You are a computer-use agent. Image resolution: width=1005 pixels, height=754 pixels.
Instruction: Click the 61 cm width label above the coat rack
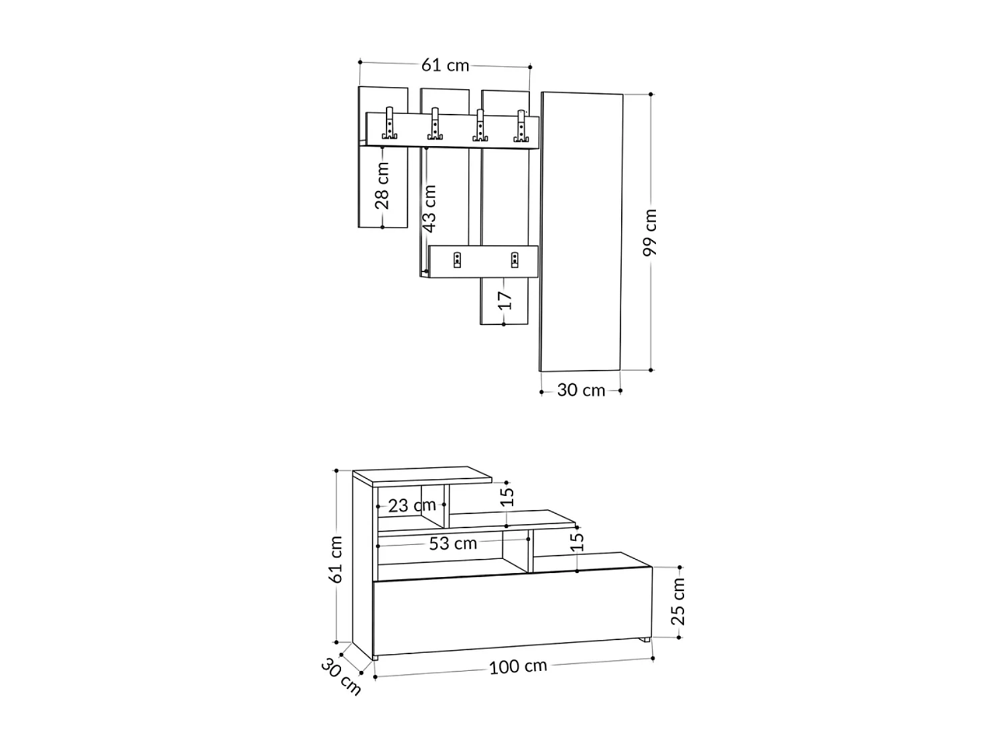445,65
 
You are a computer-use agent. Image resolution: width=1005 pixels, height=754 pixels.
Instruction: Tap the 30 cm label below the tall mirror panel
581,390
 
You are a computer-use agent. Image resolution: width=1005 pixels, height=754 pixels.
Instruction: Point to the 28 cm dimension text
382,186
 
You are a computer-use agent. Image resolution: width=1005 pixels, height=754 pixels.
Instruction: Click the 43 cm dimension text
429,208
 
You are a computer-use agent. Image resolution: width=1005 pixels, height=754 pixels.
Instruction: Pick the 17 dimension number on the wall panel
505,300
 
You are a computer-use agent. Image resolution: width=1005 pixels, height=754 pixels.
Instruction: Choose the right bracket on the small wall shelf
515,259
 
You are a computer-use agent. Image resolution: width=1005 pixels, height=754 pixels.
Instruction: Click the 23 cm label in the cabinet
411,505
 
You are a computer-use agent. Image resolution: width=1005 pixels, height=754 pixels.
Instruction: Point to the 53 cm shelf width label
453,543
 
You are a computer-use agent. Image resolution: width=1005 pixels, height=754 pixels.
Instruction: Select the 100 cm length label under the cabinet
518,667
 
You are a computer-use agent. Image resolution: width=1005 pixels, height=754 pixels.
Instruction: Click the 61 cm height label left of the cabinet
336,559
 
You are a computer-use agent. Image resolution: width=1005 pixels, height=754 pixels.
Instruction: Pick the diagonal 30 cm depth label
341,676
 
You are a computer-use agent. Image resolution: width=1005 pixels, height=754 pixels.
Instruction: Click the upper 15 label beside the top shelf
507,496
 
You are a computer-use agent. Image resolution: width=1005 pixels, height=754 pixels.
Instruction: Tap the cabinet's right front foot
645,641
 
